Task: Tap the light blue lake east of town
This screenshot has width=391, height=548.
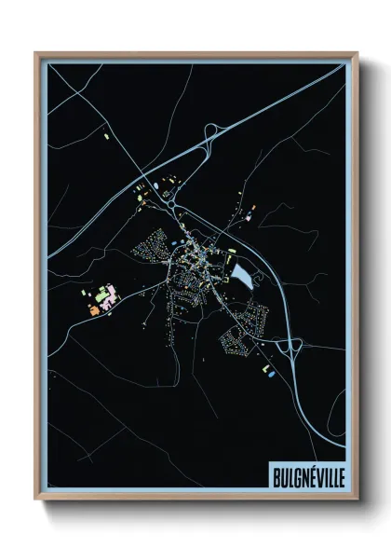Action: tap(241, 276)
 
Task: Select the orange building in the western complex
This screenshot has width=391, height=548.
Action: tap(95, 308)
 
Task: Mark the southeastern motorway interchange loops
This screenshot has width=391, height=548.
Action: tap(291, 349)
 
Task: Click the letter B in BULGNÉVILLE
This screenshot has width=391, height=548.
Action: tap(276, 476)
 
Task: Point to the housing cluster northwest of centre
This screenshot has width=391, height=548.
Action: tap(149, 244)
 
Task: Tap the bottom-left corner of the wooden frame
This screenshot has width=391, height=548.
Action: tap(36, 500)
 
